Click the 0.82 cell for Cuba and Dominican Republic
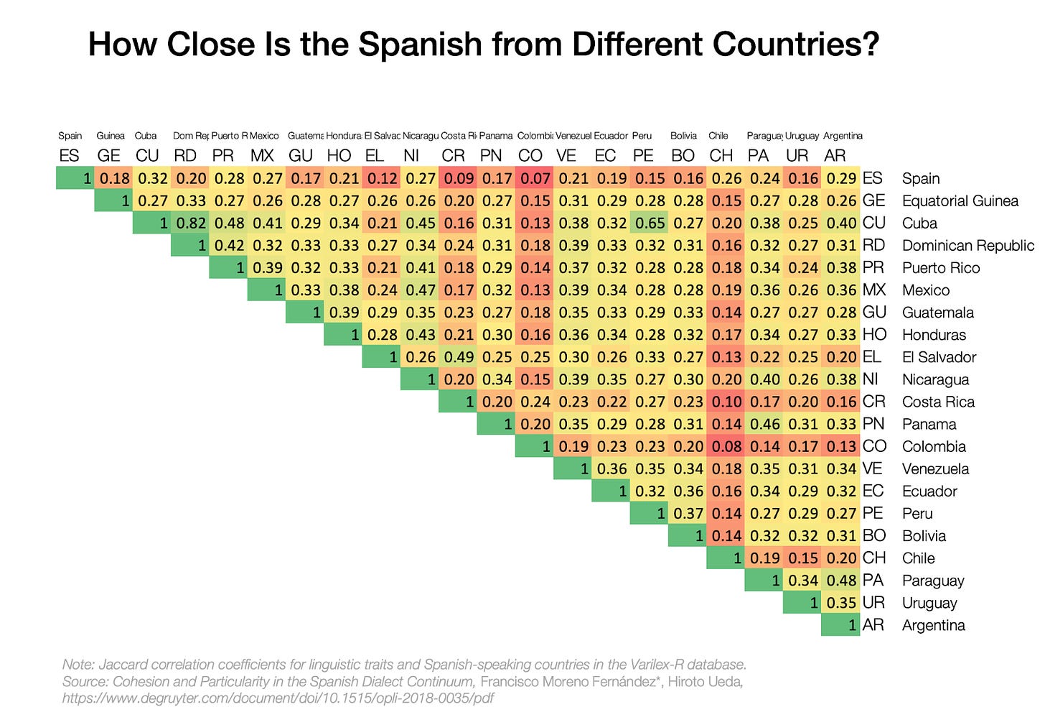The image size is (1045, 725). click(191, 223)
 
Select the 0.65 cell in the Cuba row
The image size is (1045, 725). click(650, 223)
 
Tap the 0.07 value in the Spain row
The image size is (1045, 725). click(535, 178)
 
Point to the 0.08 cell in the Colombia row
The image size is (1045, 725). click(726, 446)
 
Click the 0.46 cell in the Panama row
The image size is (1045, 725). click(764, 424)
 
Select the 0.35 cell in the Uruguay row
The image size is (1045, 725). click(840, 603)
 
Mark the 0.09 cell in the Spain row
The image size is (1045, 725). click(459, 178)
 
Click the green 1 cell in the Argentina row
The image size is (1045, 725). click(840, 625)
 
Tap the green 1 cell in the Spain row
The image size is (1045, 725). click(75, 178)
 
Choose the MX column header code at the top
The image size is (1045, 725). click(262, 155)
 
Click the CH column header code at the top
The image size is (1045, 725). click(721, 155)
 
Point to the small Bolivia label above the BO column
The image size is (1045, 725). click(683, 136)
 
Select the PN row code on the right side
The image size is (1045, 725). click(873, 424)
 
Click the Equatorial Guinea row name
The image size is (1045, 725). click(960, 200)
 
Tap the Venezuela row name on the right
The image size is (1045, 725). click(935, 468)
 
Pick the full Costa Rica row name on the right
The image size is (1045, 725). click(938, 402)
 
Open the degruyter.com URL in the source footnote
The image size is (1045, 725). click(278, 698)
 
